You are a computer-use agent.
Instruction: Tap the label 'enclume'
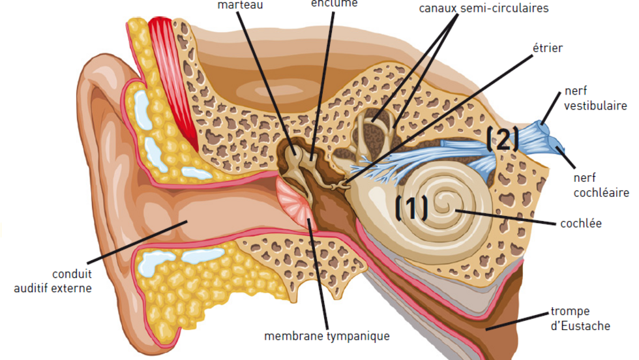[x=334, y=3]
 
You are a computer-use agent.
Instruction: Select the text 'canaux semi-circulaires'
[x=483, y=8]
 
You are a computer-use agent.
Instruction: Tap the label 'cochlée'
[x=581, y=224]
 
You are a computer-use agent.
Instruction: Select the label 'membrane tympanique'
[x=327, y=337]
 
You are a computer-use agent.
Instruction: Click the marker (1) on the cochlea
[x=412, y=207]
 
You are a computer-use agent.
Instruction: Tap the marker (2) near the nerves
[x=503, y=139]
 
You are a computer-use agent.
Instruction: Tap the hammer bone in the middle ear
[x=295, y=157]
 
